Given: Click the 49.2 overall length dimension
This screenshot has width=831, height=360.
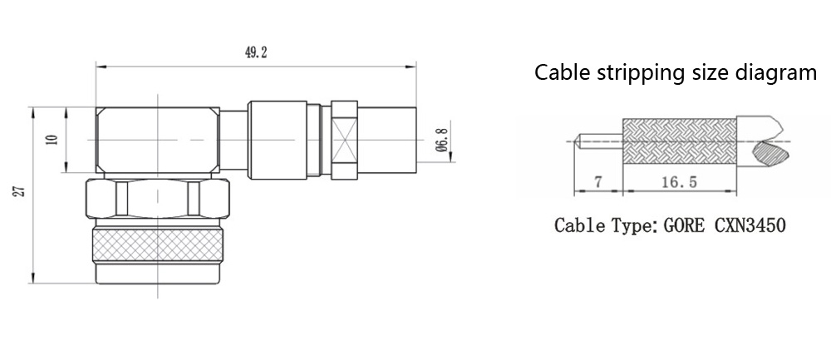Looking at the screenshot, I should click(255, 52).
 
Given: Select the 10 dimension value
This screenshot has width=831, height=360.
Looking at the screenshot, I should click(52, 141).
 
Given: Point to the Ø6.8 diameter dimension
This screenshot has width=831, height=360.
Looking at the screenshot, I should click(443, 140).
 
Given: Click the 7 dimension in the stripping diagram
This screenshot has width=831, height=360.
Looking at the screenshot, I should click(597, 182).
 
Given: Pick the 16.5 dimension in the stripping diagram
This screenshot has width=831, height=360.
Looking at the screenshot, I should click(679, 182).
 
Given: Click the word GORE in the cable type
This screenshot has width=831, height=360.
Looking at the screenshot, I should click(685, 225).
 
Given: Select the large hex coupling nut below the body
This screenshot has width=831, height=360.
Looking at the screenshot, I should click(158, 200).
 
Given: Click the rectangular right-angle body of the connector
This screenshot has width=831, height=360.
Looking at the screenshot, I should click(158, 139).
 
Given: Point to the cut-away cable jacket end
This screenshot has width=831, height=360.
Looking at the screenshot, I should click(765, 140).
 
